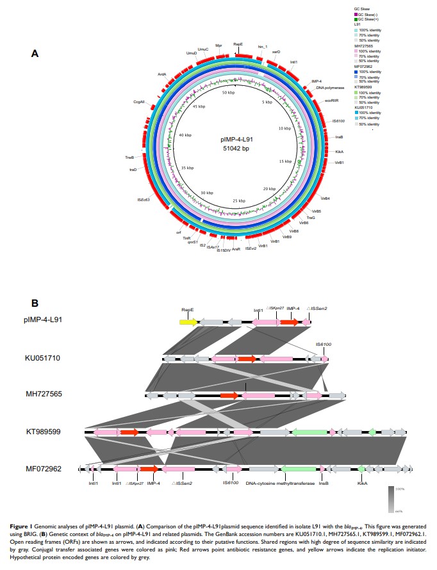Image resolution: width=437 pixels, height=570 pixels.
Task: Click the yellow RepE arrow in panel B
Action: [x=188, y=322]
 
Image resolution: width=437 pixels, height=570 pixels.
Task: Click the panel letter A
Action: [x=36, y=54]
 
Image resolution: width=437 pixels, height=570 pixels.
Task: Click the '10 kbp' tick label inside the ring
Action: [x=284, y=129]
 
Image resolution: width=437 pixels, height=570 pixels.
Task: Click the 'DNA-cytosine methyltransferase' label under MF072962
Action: [x=281, y=484]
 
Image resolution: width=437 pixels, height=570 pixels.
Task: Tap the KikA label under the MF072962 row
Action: [x=362, y=484]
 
